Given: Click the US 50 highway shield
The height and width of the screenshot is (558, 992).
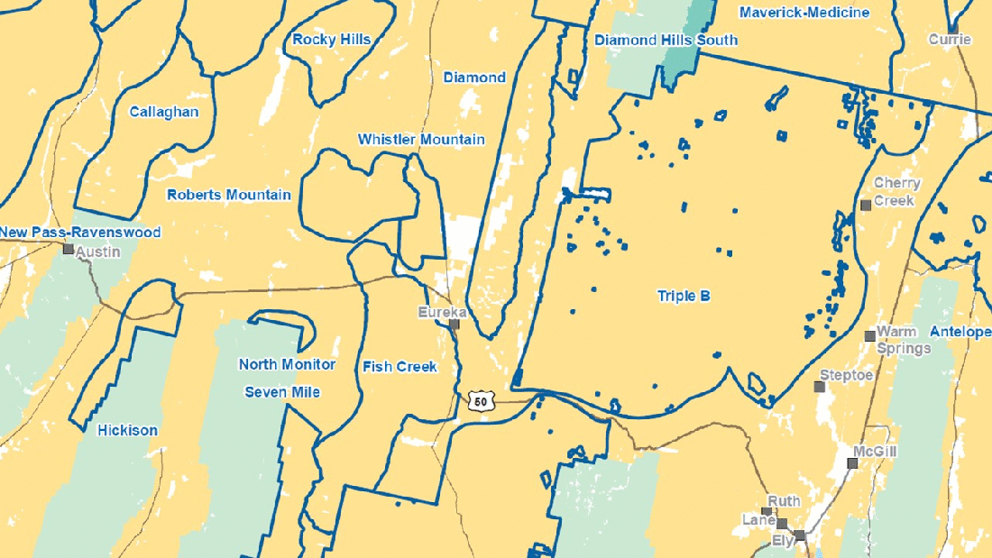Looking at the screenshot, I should click(482, 400).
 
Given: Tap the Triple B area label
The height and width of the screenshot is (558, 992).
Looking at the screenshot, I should click(684, 296).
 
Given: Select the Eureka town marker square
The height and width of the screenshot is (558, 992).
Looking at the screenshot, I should click(455, 324).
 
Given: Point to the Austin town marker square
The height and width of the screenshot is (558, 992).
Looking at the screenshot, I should click(69, 249).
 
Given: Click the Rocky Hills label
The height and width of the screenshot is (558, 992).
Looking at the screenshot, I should click(332, 40).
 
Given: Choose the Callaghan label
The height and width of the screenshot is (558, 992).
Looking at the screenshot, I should click(163, 112).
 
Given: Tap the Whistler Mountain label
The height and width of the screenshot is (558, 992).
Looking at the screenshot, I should click(421, 140).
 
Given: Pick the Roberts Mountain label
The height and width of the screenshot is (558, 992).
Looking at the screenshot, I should click(229, 195).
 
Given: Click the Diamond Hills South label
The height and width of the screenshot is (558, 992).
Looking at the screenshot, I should click(666, 40).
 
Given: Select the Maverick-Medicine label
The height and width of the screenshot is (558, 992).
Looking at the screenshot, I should click(804, 13).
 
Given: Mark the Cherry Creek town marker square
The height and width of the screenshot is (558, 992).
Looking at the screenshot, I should click(866, 206).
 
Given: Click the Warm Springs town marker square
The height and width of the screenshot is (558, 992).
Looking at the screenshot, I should click(869, 336).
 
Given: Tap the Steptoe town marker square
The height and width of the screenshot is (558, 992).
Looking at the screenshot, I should click(820, 387).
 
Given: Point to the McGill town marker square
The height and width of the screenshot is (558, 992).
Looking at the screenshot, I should click(852, 463).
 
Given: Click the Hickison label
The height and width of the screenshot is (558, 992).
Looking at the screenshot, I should click(127, 430).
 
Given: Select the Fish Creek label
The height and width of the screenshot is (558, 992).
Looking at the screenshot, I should click(400, 367).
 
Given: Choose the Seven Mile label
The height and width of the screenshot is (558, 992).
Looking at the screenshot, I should click(282, 392).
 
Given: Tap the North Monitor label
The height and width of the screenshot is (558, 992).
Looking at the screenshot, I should click(287, 364).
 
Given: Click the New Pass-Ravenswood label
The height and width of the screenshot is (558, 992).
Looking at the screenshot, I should click(80, 233).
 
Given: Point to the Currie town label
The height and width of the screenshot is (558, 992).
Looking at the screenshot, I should click(951, 40).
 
